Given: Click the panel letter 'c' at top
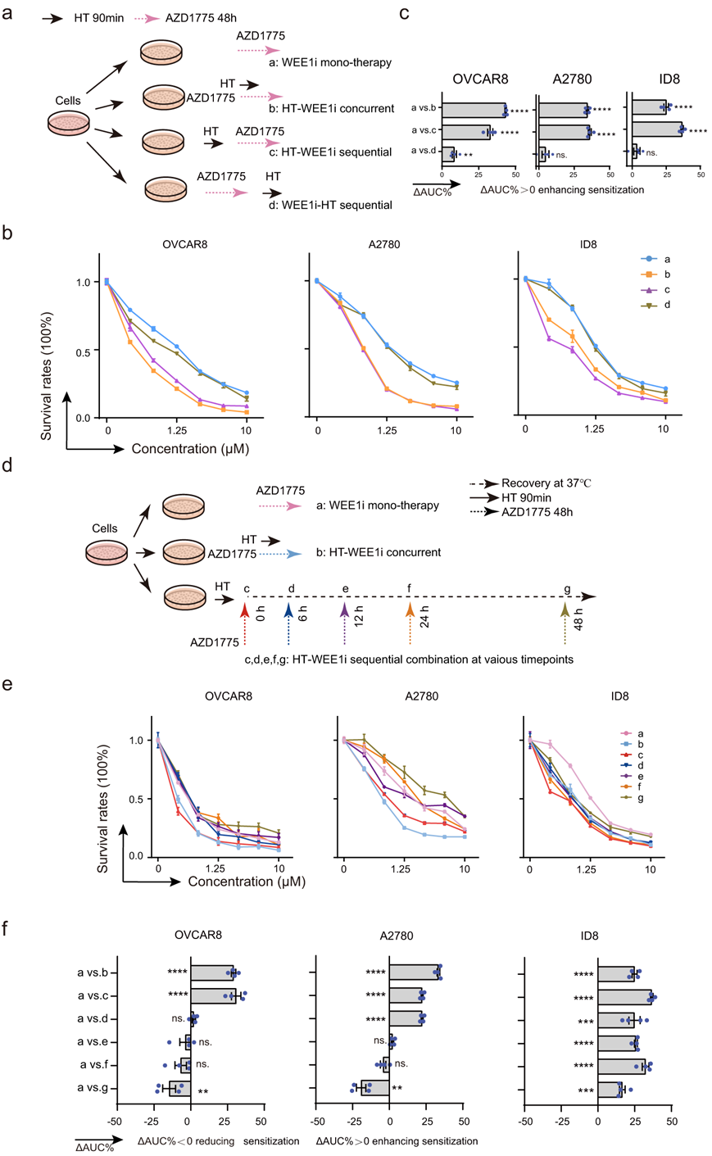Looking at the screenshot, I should pos(404,16).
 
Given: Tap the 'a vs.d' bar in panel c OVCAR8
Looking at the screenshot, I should pos(447,152).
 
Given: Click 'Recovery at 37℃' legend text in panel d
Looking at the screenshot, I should pos(546,483).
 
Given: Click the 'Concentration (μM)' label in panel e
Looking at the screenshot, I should pos(247,882).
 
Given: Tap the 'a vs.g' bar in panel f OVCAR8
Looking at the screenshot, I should pos(180,1089).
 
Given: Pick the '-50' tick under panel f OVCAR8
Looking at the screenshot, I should pos(115,1121).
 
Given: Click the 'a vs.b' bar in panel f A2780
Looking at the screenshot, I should pos(415,973).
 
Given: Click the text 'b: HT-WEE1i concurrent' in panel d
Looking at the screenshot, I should pos(379,552).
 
